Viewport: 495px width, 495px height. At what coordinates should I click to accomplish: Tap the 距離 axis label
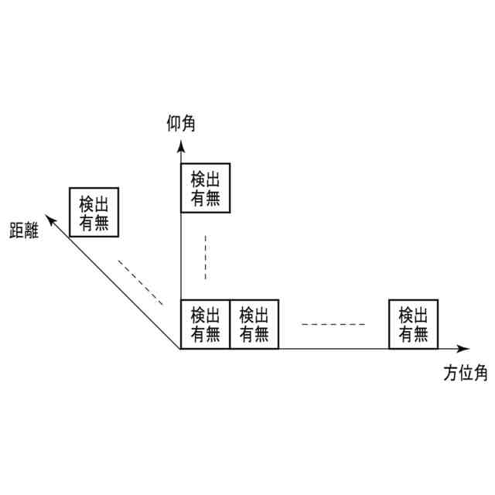click(x=25, y=230)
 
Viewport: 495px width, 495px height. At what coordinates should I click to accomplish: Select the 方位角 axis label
click(x=466, y=373)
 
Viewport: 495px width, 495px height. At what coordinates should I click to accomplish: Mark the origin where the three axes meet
click(x=180, y=349)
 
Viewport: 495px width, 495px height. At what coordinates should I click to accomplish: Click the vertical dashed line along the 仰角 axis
click(x=205, y=257)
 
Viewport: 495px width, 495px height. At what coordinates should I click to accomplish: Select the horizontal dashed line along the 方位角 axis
click(x=333, y=324)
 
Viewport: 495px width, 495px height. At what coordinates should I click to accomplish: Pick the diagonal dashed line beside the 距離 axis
click(x=141, y=282)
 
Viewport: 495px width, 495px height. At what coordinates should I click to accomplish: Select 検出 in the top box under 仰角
click(x=205, y=179)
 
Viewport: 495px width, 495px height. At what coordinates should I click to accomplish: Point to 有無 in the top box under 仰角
click(x=205, y=198)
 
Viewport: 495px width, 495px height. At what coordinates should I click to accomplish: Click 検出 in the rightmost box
click(x=413, y=316)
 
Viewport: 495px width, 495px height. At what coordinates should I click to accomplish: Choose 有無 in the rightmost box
click(x=413, y=334)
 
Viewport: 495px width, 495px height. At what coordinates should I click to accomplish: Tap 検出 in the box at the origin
click(x=205, y=316)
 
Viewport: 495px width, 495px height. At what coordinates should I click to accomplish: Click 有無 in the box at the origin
click(x=205, y=334)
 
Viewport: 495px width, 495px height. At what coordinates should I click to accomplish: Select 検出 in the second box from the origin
click(x=254, y=316)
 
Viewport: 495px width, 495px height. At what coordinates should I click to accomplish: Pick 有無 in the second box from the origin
click(x=254, y=334)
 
